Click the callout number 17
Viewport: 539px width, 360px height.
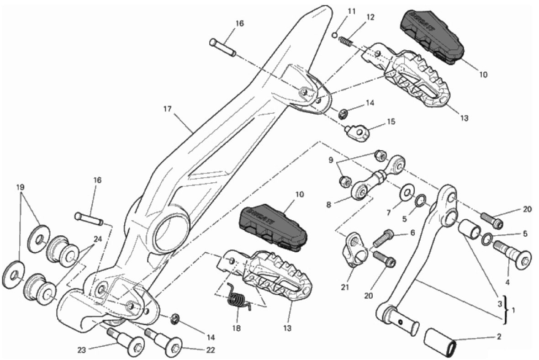[x=166, y=109]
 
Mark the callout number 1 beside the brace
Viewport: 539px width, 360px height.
[x=514, y=310]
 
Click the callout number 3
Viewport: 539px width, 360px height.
[x=500, y=303]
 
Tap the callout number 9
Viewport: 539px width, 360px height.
[x=331, y=160]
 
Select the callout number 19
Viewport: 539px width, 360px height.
[x=20, y=187]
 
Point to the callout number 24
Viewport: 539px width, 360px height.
[x=97, y=238]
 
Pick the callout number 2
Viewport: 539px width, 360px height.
[x=499, y=337]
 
